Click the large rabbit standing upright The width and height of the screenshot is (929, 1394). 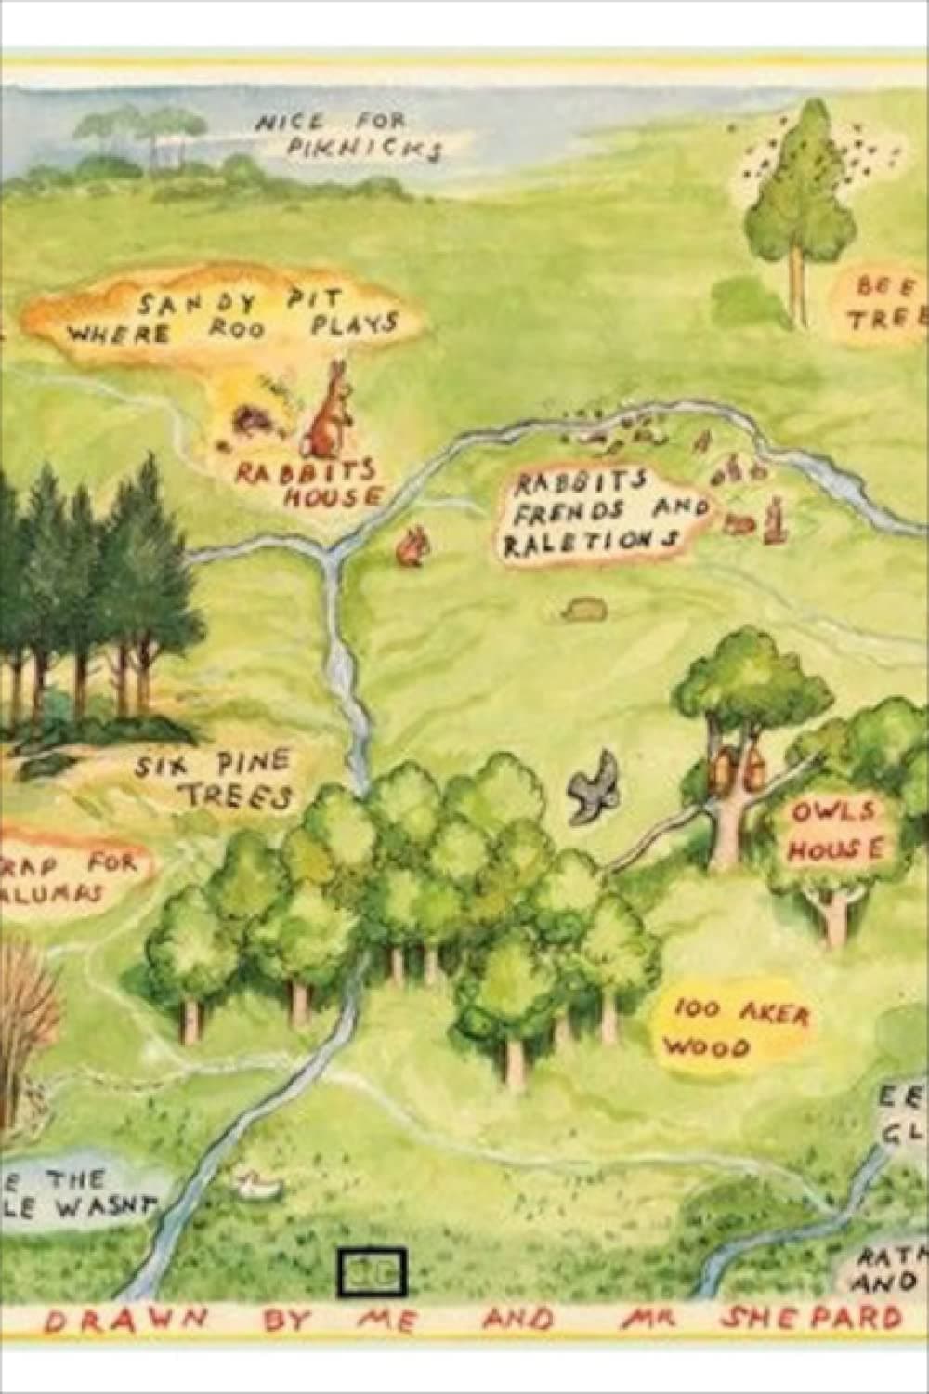330,409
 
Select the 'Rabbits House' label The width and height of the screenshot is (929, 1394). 307,481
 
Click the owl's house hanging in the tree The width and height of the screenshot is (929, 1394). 739,767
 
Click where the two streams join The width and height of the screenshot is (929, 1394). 330,553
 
